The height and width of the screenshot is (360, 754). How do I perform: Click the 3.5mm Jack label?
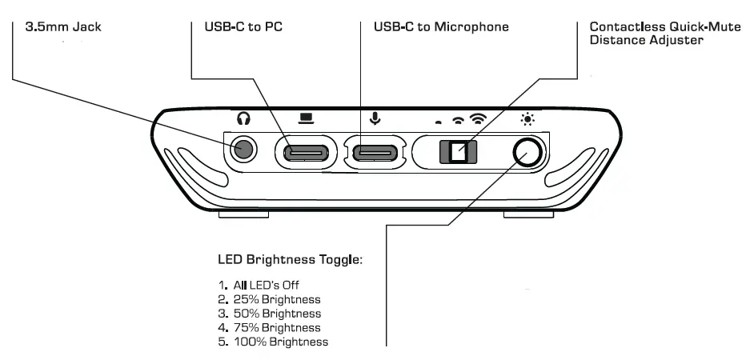coord(63,27)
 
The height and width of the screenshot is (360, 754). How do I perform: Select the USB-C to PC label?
coord(238,27)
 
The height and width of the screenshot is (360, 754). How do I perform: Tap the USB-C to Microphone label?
coord(441,27)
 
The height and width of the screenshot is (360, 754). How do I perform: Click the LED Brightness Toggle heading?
coord(291,260)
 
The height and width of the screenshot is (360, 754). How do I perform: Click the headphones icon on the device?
coord(244,118)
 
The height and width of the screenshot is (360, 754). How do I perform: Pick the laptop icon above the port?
coord(306,118)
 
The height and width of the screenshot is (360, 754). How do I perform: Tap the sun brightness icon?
coord(527,120)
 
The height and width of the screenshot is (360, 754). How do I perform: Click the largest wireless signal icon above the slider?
coord(478,119)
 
